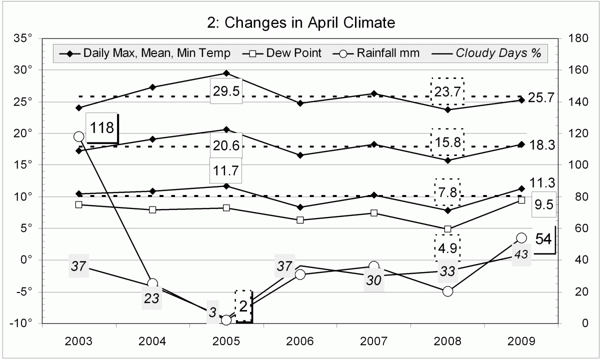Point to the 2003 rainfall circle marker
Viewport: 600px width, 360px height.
pos(78,136)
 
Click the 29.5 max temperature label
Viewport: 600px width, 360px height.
pos(226,91)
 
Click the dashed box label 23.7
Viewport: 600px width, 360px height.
pos(447,91)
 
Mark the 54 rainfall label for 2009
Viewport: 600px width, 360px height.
pos(543,239)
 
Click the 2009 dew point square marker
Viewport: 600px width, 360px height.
pos(521,200)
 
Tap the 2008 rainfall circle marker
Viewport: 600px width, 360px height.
pos(447,291)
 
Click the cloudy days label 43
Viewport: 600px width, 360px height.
pos(521,254)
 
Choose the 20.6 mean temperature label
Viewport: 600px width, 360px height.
pos(226,145)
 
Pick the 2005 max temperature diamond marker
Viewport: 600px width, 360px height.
pos(226,73)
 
